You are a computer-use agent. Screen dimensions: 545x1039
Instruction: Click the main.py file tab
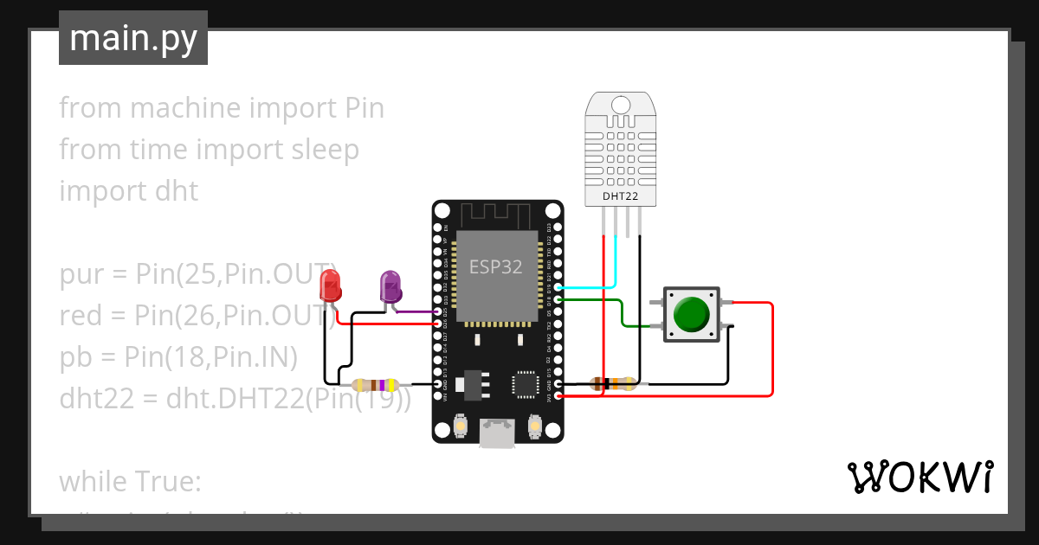133,38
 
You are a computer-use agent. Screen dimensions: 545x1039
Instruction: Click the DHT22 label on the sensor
620,197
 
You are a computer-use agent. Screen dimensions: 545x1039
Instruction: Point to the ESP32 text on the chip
496,266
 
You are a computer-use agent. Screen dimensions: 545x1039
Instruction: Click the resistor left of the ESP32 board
374,384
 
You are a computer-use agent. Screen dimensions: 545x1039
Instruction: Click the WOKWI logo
919,477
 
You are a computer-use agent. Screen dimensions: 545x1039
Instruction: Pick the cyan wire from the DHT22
616,260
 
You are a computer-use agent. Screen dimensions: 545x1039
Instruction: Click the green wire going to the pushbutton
621,312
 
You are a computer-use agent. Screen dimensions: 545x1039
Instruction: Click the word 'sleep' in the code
321,150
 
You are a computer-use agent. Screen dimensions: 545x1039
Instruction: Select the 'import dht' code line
129,190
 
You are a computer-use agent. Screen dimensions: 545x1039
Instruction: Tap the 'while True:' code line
130,480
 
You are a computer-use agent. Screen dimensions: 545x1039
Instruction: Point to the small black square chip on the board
526,384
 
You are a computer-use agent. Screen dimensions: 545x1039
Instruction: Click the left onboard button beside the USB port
461,426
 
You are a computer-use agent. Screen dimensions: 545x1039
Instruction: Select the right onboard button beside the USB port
534,426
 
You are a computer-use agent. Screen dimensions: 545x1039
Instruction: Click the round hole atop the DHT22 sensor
620,105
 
